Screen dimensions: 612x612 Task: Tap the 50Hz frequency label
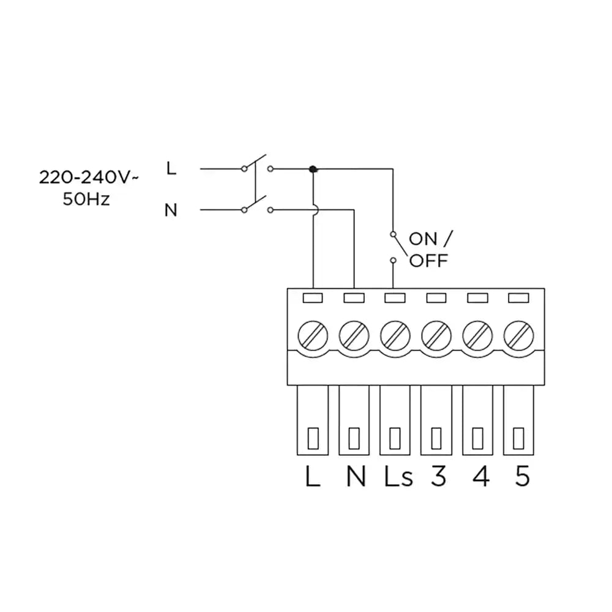pos(86,200)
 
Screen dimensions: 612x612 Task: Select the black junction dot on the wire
pos(313,169)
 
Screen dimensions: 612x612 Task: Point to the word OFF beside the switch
pos(428,261)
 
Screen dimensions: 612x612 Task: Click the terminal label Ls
pos(398,477)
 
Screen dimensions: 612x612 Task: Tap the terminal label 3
pos(438,477)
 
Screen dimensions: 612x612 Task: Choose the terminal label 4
pos(480,477)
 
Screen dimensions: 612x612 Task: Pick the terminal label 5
pos(521,477)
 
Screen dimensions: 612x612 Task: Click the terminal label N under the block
pos(356,477)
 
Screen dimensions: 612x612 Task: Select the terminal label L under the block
pos(312,477)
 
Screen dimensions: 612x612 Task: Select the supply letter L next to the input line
pos(171,168)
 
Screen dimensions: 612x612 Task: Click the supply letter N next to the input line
pos(171,211)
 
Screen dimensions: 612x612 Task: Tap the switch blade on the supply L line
pos(257,162)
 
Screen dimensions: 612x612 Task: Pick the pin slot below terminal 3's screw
pos(436,438)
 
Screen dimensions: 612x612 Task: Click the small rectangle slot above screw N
pos(354,298)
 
